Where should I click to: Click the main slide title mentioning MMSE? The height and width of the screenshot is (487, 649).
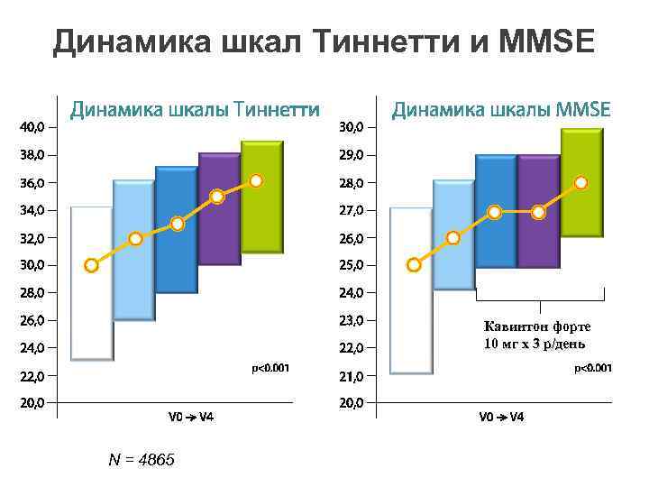click(324, 41)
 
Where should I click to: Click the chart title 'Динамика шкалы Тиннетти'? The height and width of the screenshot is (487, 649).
click(196, 110)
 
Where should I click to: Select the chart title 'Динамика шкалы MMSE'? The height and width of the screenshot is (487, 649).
click(500, 110)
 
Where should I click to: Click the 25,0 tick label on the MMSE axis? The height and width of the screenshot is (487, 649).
click(352, 265)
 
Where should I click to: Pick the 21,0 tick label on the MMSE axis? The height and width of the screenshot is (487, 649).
click(352, 375)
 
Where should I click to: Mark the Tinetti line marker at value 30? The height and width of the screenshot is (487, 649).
click(91, 265)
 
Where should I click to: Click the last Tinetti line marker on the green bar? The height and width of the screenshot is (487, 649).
click(257, 181)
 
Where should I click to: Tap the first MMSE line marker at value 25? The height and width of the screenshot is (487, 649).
click(414, 265)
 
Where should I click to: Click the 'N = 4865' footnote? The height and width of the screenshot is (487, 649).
click(141, 461)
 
